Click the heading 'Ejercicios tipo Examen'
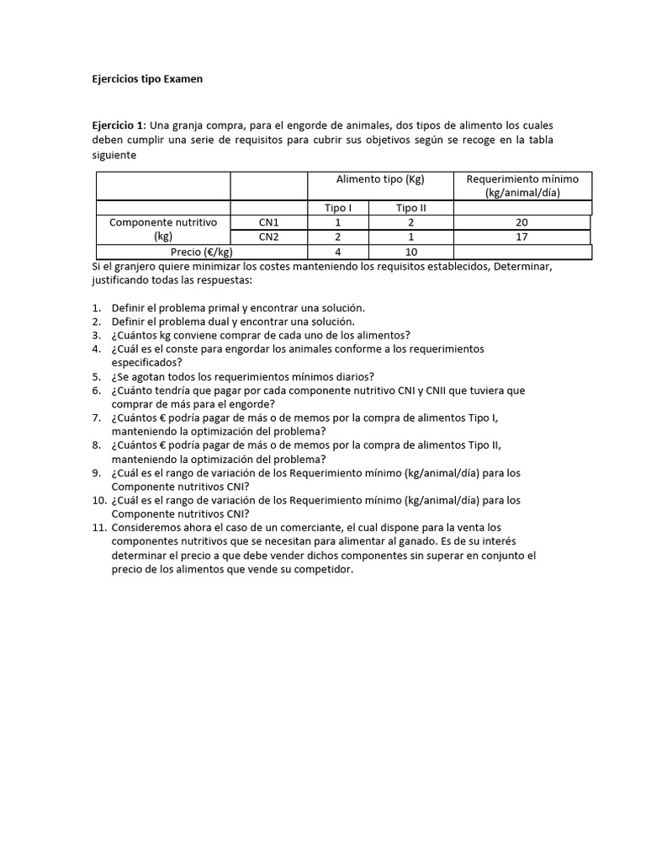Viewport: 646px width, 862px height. click(x=147, y=79)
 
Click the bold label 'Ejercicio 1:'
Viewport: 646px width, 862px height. click(x=119, y=125)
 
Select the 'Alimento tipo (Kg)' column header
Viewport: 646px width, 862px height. click(x=380, y=179)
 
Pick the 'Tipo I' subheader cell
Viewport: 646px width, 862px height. click(x=338, y=208)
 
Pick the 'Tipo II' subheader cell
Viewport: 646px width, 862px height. click(x=412, y=208)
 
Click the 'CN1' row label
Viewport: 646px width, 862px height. click(x=268, y=222)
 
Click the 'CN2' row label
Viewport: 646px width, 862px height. click(x=268, y=237)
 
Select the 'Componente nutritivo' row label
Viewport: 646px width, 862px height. click(x=163, y=222)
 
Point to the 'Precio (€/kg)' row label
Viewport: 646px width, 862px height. click(x=202, y=252)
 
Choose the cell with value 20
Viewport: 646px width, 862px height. click(x=522, y=222)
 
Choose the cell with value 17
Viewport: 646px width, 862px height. click(x=522, y=237)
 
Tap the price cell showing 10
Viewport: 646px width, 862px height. click(x=412, y=252)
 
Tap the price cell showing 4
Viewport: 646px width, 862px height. click(x=338, y=252)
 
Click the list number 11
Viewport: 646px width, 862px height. click(x=99, y=528)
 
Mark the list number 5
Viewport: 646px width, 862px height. click(x=97, y=376)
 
